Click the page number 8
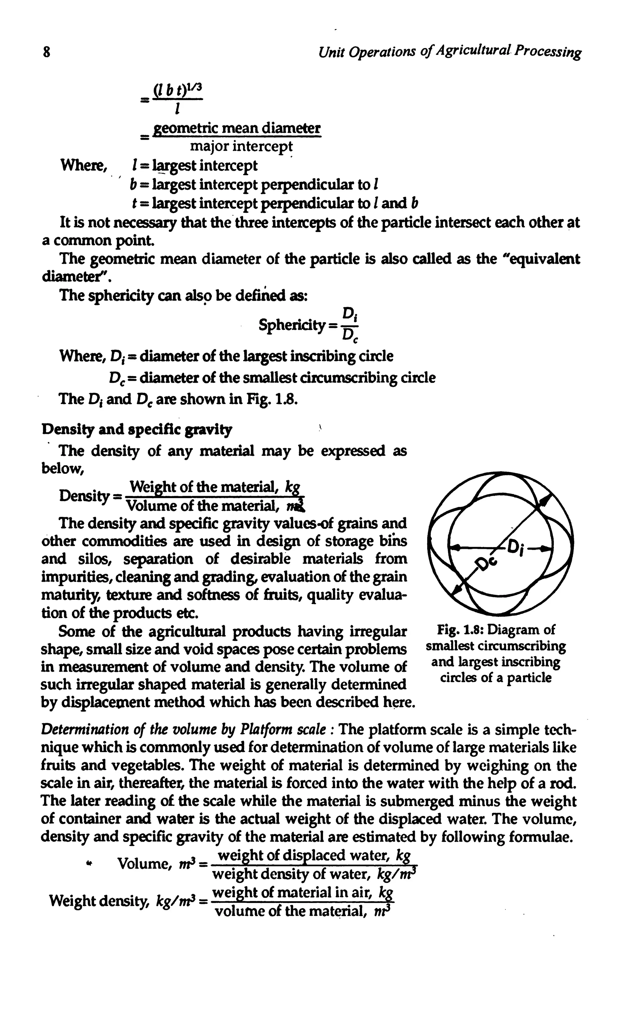click(46, 53)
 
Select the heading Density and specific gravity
click(136, 429)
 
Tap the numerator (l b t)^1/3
click(178, 89)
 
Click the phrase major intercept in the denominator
click(241, 146)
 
